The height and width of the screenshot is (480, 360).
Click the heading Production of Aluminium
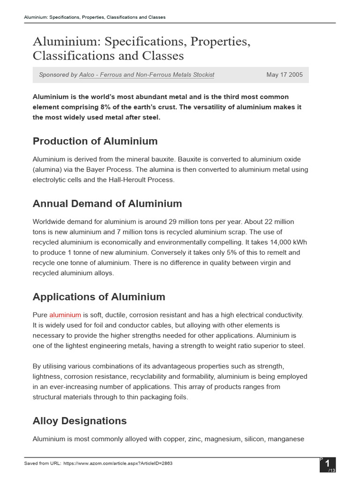(x=95, y=141)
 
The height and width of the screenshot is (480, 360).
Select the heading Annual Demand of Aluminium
(x=107, y=203)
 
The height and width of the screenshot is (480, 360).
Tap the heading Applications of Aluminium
(x=99, y=297)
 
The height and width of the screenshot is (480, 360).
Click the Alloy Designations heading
(x=80, y=420)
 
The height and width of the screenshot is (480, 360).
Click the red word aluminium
(x=65, y=315)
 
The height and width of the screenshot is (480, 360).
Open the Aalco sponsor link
(x=147, y=75)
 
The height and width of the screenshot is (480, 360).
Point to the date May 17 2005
(x=284, y=75)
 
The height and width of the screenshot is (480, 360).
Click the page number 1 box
(x=328, y=464)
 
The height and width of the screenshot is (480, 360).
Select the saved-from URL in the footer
(x=118, y=463)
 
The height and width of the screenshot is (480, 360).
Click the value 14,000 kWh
(x=287, y=242)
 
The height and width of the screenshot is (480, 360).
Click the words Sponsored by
(x=58, y=75)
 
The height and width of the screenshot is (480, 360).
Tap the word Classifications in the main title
(x=78, y=56)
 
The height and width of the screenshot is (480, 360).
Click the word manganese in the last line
(x=286, y=439)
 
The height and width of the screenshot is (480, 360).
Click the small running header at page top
(x=95, y=17)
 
